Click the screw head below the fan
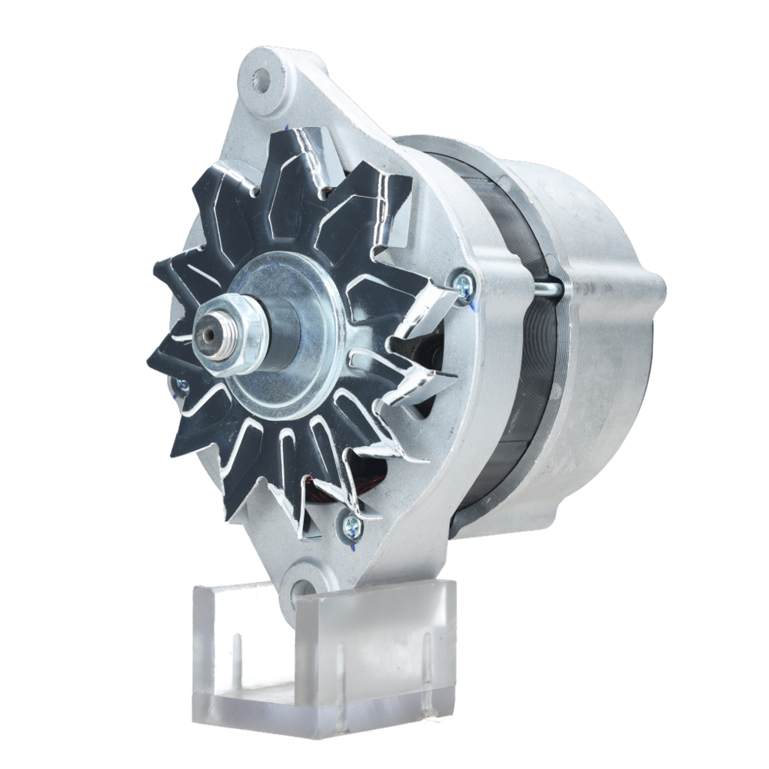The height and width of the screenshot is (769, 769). [x=351, y=525]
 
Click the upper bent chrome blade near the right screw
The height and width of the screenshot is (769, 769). [x=423, y=315]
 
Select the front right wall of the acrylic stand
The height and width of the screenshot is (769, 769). [x=377, y=654]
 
